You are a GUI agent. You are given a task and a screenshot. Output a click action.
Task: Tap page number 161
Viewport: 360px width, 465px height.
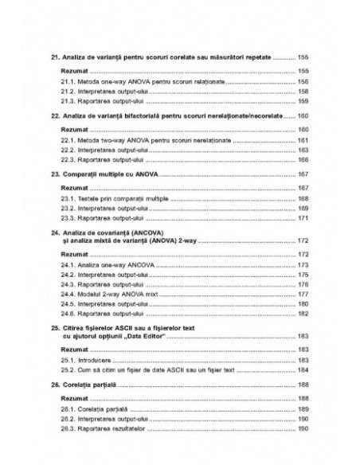tap(303, 140)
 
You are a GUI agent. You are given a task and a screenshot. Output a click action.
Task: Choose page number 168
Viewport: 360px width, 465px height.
tap(303, 197)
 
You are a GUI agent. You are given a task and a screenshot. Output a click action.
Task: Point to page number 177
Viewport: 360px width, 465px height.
tap(303, 293)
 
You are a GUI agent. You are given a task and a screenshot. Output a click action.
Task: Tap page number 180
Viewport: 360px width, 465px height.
tap(303, 303)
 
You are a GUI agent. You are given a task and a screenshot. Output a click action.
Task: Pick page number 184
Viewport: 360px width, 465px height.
tap(303, 369)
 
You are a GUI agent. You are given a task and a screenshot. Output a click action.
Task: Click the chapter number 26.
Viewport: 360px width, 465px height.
tap(53, 385)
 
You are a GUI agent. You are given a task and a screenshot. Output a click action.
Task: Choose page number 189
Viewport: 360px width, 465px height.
tap(303, 408)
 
